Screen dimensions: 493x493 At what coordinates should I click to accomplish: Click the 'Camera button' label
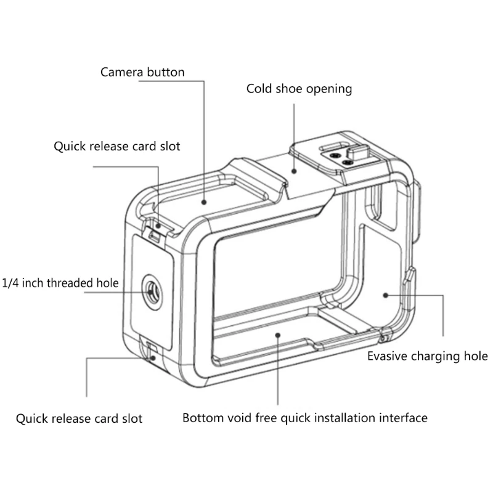(142, 72)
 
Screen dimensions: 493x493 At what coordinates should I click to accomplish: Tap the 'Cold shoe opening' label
(299, 89)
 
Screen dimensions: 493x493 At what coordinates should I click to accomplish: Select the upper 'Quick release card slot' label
(116, 147)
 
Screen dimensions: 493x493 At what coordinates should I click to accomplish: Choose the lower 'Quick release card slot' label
(79, 419)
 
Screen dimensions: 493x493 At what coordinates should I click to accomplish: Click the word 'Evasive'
(388, 356)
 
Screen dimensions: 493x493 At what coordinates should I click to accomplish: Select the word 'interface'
(404, 418)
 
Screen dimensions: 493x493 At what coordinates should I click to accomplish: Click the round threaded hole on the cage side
(150, 285)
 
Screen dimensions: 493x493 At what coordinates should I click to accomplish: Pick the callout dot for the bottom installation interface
(277, 335)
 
